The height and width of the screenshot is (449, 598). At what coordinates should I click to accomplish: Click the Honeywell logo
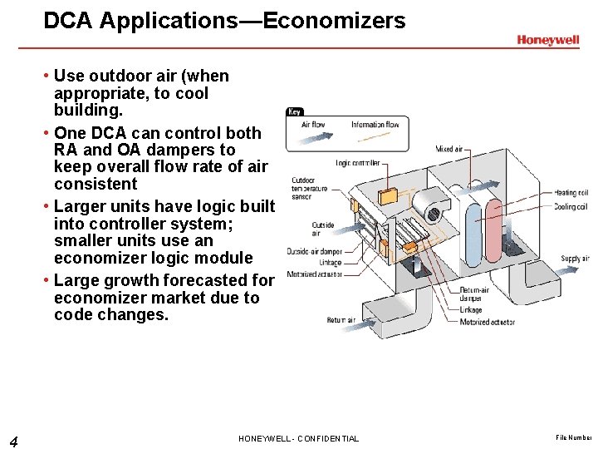click(548, 40)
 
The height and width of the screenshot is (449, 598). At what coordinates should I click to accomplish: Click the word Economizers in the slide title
click(334, 21)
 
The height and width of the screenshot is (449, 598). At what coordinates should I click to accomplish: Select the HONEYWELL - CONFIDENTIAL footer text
click(298, 438)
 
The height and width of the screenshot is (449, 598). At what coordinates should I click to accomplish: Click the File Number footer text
click(574, 437)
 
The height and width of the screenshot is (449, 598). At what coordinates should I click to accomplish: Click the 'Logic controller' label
click(358, 163)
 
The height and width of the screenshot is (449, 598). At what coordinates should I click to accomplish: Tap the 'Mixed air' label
click(450, 150)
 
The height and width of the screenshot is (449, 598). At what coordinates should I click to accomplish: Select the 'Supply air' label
click(575, 259)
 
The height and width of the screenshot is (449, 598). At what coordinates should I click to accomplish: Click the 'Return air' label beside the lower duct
click(341, 320)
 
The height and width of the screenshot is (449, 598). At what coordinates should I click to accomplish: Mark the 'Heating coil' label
click(571, 193)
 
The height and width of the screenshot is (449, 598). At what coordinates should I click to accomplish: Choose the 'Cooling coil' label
click(571, 207)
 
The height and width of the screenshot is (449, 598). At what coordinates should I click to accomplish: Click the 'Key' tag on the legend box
click(295, 111)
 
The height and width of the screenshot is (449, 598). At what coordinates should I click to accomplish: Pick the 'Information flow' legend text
click(375, 126)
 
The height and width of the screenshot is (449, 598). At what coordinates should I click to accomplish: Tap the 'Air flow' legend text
click(313, 126)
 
